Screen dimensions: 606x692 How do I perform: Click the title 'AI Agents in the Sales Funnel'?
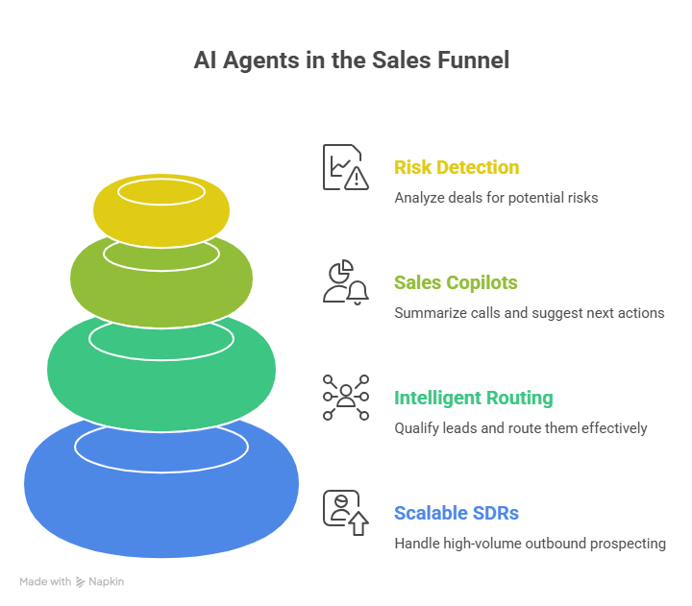[x=351, y=60]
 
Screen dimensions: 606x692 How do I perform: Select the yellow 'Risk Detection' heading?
[x=457, y=167]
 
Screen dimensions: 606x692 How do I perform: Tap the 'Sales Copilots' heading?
[x=456, y=282]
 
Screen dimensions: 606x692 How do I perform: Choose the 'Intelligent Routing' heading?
[x=473, y=398]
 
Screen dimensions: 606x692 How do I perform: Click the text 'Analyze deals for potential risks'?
[x=496, y=198]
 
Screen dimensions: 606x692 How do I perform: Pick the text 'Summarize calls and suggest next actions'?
[x=530, y=313]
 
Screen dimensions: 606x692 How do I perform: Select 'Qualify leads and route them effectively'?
[x=521, y=428]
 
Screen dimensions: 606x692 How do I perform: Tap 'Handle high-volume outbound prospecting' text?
[x=530, y=544]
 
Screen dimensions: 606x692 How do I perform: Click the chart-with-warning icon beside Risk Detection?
[x=345, y=167]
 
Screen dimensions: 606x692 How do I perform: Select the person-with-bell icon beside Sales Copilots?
[x=345, y=282]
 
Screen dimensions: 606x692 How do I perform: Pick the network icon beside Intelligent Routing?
[x=345, y=398]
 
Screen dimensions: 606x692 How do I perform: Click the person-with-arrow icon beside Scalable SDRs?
[x=345, y=513]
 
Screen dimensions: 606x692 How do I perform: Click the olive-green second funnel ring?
[x=161, y=288]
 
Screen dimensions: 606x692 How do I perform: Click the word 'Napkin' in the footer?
[x=107, y=581]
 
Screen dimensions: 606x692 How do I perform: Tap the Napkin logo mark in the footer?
[x=81, y=581]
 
